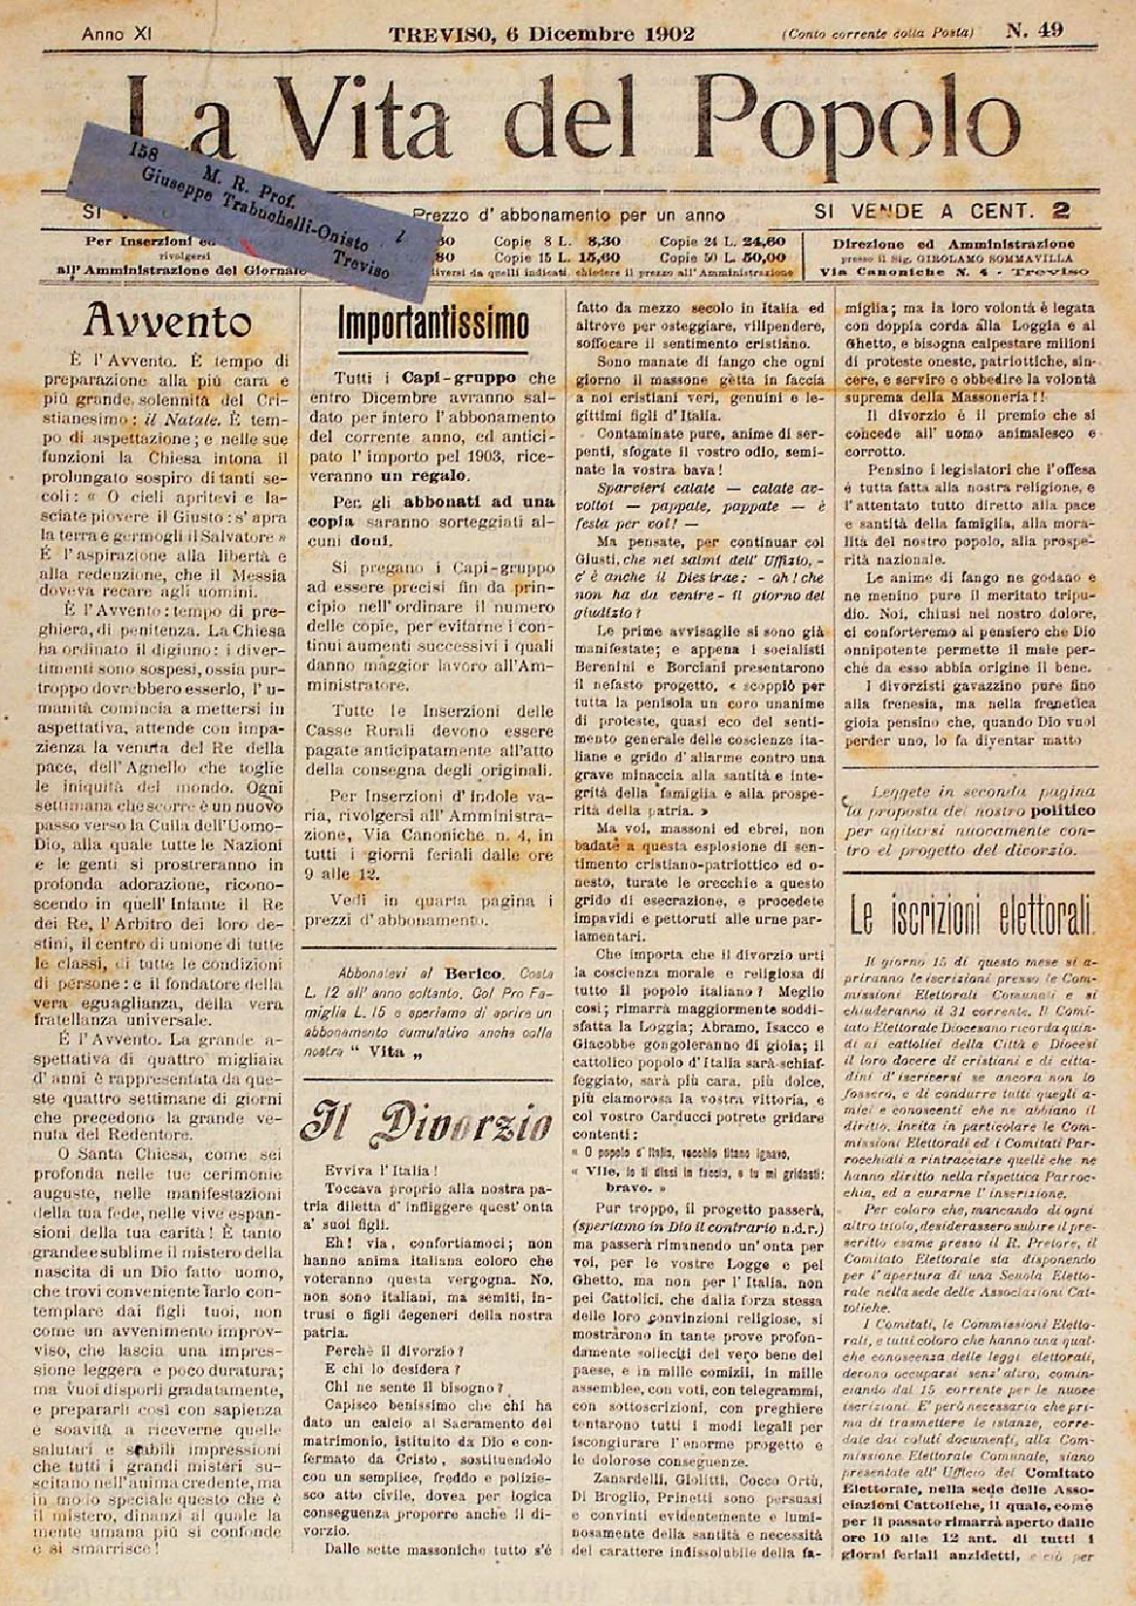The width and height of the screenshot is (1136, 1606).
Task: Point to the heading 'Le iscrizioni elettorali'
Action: coord(972,914)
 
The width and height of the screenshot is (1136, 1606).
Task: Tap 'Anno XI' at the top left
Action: coord(115,34)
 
